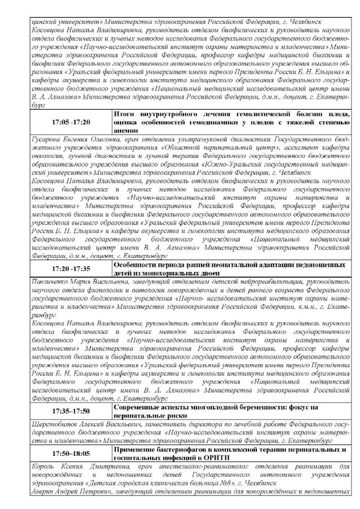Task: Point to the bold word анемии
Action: coord(126,130)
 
